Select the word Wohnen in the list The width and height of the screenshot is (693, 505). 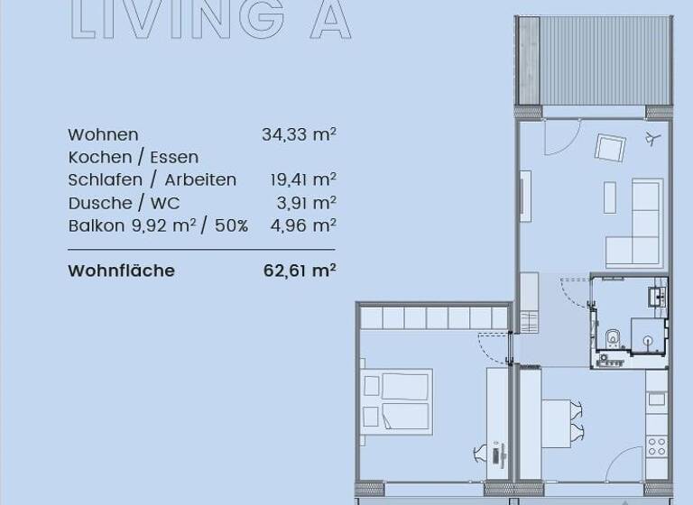(103, 135)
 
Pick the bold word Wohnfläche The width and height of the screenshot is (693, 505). (121, 271)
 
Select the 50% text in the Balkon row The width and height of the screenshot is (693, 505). (231, 226)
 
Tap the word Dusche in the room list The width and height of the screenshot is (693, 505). (97, 203)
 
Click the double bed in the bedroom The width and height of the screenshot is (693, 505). (397, 401)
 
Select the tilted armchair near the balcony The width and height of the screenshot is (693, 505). (611, 147)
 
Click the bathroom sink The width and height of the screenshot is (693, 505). (656, 294)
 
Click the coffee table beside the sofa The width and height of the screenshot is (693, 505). (610, 197)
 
